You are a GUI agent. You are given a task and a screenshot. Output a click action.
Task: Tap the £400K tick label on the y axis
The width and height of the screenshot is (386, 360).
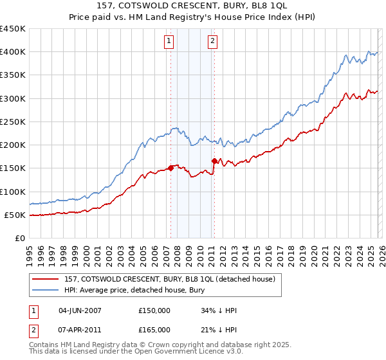[x=12, y=52]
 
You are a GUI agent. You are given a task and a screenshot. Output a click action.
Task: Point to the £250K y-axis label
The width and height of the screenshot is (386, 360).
[x=12, y=122]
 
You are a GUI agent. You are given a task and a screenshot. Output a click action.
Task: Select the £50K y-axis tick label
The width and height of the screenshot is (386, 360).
[x=15, y=215]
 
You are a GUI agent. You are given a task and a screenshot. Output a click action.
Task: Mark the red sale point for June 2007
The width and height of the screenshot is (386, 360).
[x=170, y=168]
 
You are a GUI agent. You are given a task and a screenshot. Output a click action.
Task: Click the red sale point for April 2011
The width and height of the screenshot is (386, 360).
[x=214, y=161]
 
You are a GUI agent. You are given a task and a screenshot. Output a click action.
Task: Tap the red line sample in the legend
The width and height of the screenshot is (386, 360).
[x=46, y=278]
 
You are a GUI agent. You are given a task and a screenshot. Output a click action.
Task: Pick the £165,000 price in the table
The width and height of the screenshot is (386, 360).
[x=154, y=329]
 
